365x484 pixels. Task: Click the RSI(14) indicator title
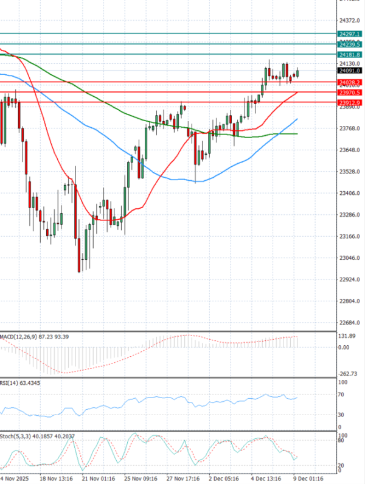click(10, 382)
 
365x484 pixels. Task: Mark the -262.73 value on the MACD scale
click(347, 374)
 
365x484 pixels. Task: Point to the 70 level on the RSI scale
click(342, 395)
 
